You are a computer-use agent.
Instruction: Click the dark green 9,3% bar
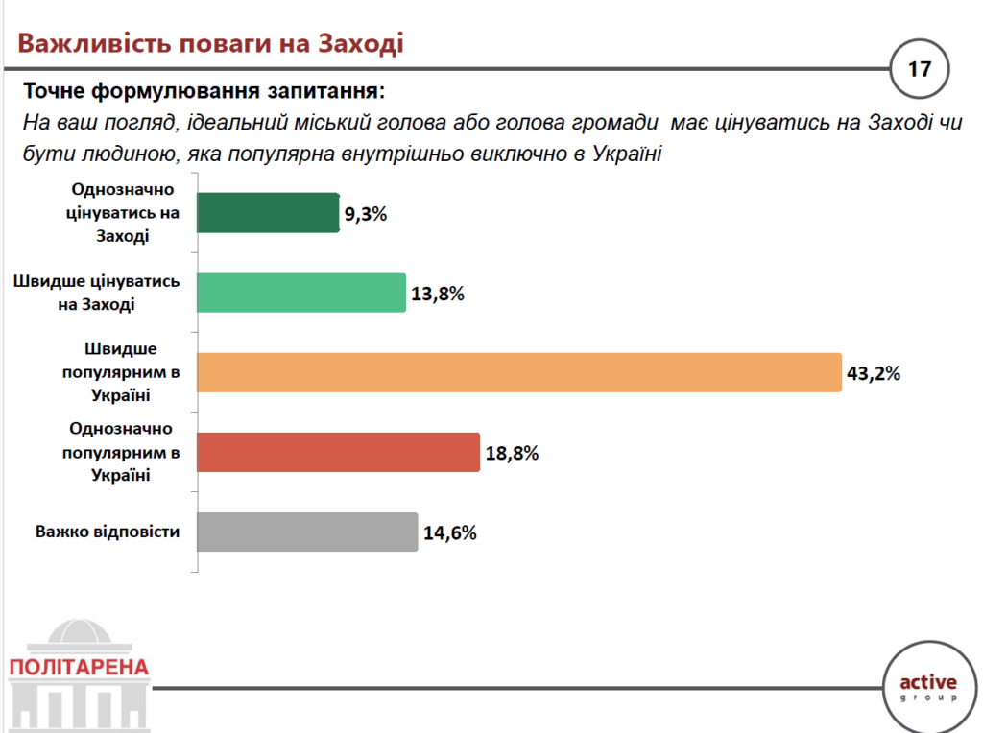pyautogui.click(x=269, y=213)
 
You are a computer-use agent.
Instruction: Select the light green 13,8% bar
pyautogui.click(x=301, y=293)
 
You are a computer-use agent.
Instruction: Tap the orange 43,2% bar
pyautogui.click(x=519, y=372)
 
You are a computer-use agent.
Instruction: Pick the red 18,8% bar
pyautogui.click(x=338, y=452)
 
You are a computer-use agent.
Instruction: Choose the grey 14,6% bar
pyautogui.click(x=307, y=532)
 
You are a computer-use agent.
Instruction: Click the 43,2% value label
pyautogui.click(x=873, y=374)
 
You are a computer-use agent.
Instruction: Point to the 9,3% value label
pyautogui.click(x=366, y=215)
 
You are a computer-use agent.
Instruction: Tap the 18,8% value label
pyautogui.click(x=511, y=454)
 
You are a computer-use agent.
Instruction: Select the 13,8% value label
pyautogui.click(x=438, y=295)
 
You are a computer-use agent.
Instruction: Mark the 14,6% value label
pyautogui.click(x=450, y=533)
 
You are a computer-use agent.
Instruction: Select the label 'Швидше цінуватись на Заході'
pyautogui.click(x=96, y=293)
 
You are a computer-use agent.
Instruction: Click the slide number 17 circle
pyautogui.click(x=920, y=70)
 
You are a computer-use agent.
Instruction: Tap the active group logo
pyautogui.click(x=928, y=686)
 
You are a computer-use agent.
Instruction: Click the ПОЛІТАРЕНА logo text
pyautogui.click(x=78, y=666)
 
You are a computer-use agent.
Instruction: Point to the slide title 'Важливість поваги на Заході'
pyautogui.click(x=210, y=44)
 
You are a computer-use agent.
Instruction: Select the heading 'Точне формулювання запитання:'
pyautogui.click(x=203, y=92)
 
